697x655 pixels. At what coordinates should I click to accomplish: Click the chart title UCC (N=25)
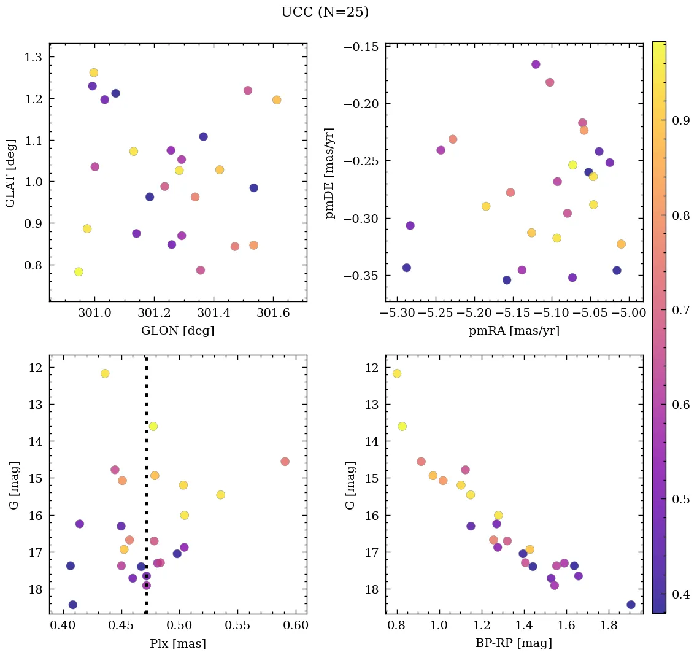[x=325, y=12]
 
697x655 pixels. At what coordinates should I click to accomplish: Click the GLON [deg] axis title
[x=178, y=331]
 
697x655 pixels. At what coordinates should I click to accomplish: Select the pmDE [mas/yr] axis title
[x=331, y=172]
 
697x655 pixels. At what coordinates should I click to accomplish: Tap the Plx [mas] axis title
[x=178, y=643]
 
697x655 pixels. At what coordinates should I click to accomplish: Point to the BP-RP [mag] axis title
[x=514, y=643]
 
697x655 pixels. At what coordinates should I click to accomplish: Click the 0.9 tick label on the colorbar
[x=680, y=121]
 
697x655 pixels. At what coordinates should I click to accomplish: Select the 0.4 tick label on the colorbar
[x=680, y=594]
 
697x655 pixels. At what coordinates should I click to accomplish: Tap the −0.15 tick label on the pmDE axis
[x=362, y=47]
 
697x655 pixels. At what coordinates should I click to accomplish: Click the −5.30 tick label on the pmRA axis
[x=398, y=313]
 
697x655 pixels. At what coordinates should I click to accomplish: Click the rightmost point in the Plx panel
[x=285, y=462]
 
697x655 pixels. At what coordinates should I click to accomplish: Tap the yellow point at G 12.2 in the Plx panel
[x=105, y=373]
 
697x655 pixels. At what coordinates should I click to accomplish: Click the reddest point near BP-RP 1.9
[x=631, y=605]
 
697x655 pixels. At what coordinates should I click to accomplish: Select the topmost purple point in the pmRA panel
[x=536, y=64]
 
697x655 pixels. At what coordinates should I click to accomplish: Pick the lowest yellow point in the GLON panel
[x=79, y=272]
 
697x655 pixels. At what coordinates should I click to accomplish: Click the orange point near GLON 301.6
[x=277, y=100]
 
